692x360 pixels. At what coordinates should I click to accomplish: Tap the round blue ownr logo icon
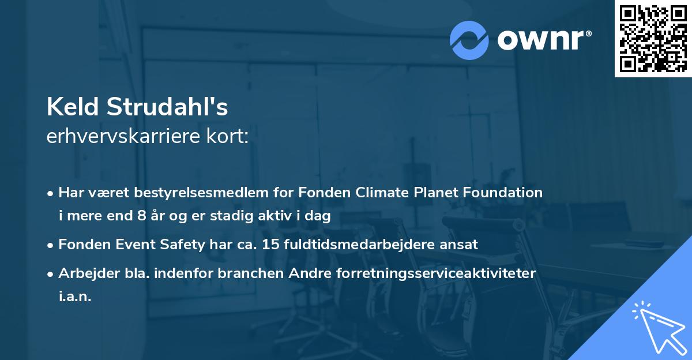[469, 40]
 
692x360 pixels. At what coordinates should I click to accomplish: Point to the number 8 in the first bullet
[141, 217]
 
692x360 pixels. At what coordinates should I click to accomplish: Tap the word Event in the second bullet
[127, 245]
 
